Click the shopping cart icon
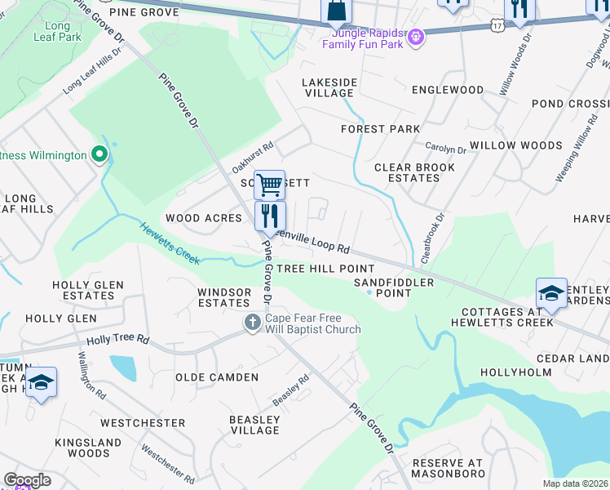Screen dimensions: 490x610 269,185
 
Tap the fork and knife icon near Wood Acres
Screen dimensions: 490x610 270,216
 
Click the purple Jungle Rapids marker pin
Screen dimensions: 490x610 415,37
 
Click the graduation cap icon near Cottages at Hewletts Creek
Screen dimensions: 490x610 551,294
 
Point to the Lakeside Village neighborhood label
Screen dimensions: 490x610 329,88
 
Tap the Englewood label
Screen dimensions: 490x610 448,90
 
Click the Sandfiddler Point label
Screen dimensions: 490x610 382,287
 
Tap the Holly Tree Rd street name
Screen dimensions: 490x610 119,339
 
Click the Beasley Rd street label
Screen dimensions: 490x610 291,390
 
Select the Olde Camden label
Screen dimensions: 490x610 217,377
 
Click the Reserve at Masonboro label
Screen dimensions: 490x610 448,468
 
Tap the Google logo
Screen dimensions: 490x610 27,480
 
